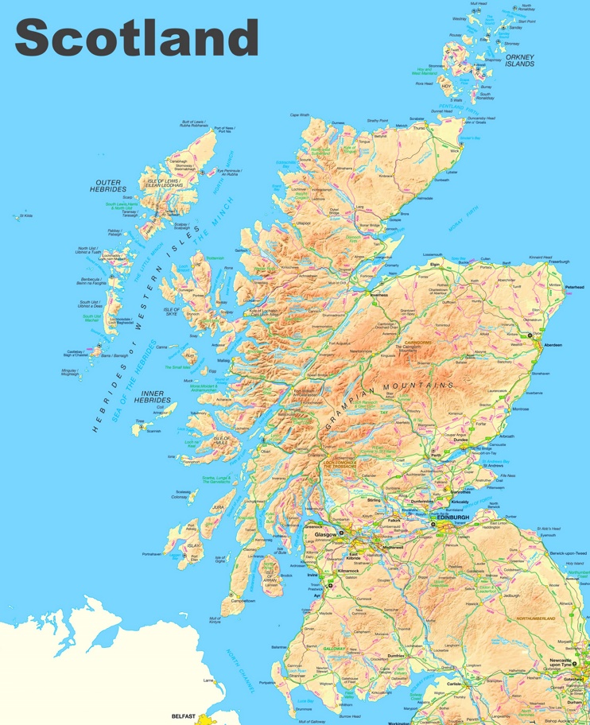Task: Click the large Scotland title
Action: (137, 37)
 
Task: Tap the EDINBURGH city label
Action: (452, 518)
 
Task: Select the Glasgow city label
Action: (326, 535)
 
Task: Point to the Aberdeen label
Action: (552, 345)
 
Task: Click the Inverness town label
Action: (378, 294)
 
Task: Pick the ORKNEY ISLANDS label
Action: (519, 60)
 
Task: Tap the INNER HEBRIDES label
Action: (152, 396)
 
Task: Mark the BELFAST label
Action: (184, 715)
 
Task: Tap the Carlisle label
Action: (454, 682)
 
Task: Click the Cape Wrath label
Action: (300, 114)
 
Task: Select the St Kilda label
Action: (25, 215)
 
